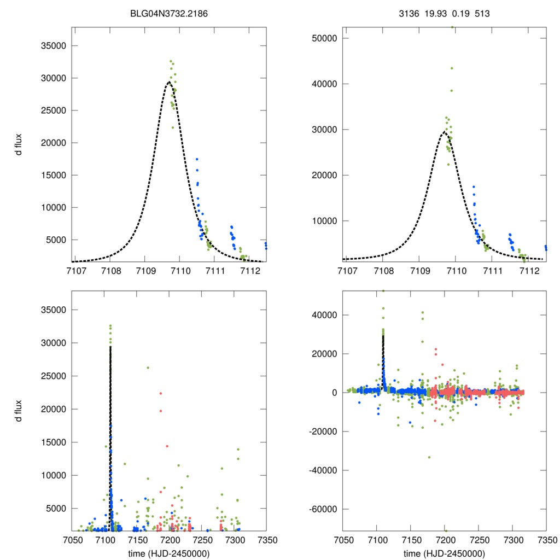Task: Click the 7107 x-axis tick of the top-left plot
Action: tap(76, 271)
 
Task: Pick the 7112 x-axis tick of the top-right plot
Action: tap(528, 271)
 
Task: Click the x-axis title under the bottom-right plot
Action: tap(444, 552)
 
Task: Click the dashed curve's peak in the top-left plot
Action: tap(169, 82)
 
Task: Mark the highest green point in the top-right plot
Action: tap(452, 27)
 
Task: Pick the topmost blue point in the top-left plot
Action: tap(197, 159)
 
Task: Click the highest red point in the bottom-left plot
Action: tap(161, 393)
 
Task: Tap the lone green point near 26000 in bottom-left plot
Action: tap(148, 367)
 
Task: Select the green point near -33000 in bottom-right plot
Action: tap(429, 457)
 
